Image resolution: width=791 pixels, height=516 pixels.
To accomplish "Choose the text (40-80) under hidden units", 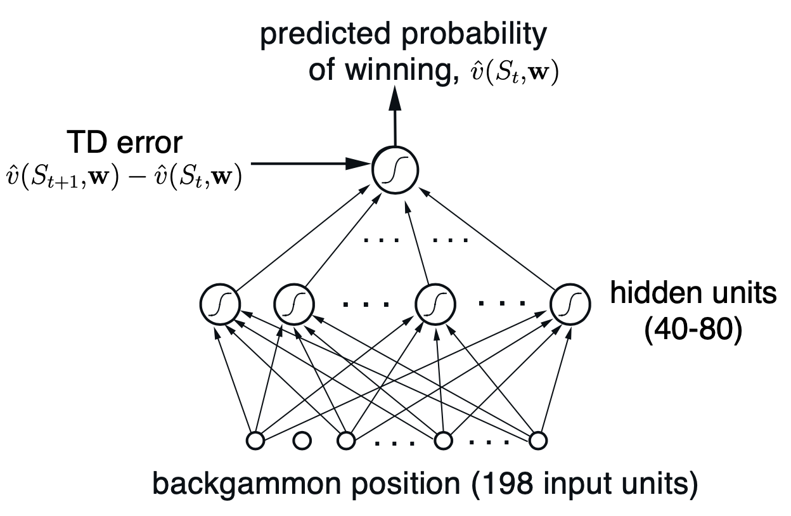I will (691, 331).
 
